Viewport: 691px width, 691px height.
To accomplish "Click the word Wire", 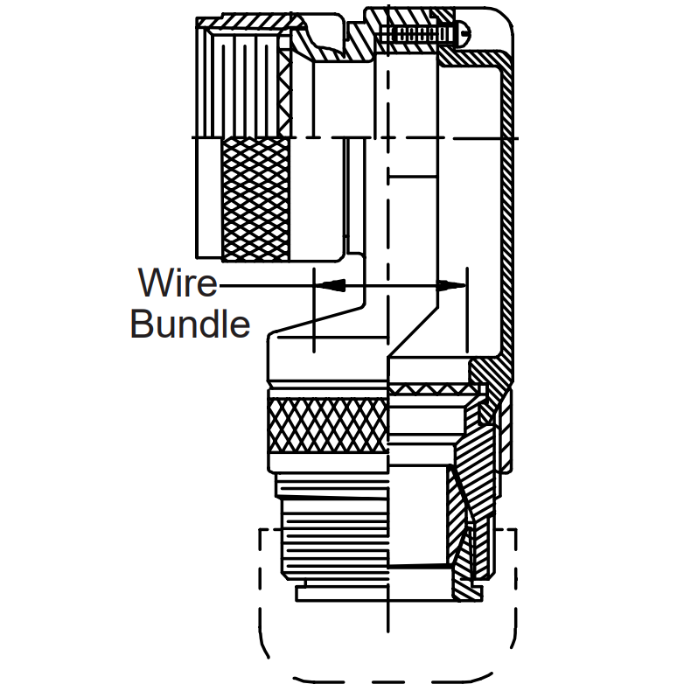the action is click(178, 282).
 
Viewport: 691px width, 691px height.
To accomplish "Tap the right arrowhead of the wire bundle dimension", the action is click(451, 285).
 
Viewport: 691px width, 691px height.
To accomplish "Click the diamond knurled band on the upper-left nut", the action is click(256, 199).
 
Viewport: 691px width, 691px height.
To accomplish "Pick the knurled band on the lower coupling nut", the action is click(328, 424).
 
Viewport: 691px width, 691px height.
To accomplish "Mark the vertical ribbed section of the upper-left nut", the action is click(242, 84).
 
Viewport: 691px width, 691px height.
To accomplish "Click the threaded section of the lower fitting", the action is click(335, 542).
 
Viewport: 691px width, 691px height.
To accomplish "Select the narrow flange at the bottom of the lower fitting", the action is click(343, 595).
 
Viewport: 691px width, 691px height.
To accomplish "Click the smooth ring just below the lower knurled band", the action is click(328, 463).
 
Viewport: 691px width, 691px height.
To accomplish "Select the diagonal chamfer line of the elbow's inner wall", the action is click(413, 332).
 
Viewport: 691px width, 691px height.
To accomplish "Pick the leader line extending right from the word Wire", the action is click(268, 285).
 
